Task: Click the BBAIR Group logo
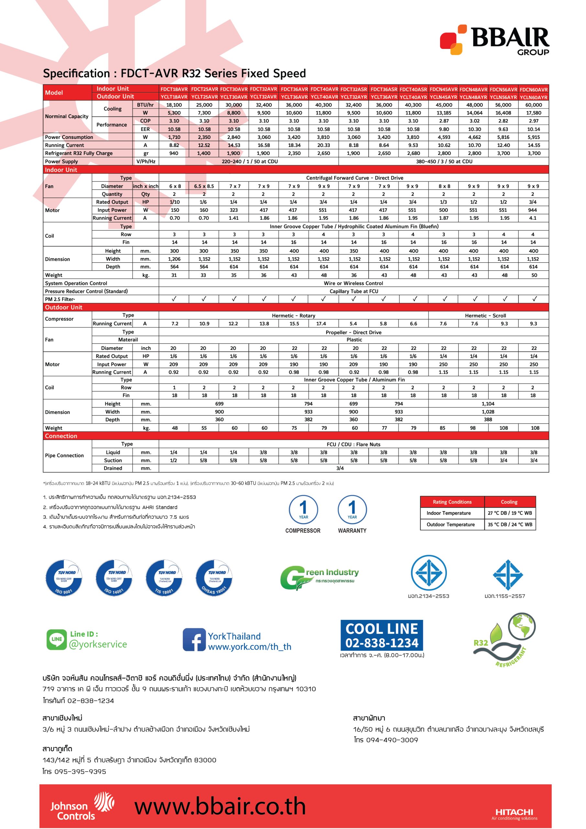pyautogui.click(x=494, y=40)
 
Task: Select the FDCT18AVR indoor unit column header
pyautogui.click(x=174, y=89)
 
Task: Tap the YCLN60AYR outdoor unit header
pyautogui.click(x=534, y=97)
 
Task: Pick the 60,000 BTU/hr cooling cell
pyautogui.click(x=534, y=105)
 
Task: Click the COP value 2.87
pyautogui.click(x=444, y=121)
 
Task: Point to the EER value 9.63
pyautogui.click(x=503, y=129)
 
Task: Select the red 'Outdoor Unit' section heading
pyautogui.click(x=63, y=307)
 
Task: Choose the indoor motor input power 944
pyautogui.click(x=533, y=210)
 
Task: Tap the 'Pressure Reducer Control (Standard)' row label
pyautogui.click(x=86, y=291)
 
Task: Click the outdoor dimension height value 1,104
pyautogui.click(x=488, y=404)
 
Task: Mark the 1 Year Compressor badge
pyautogui.click(x=303, y=514)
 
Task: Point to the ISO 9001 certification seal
pyautogui.click(x=63, y=578)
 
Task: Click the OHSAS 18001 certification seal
pyautogui.click(x=214, y=578)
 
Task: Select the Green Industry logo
pyautogui.click(x=319, y=577)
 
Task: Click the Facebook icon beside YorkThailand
pyautogui.click(x=194, y=640)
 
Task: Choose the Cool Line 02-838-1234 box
pyautogui.click(x=381, y=635)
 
